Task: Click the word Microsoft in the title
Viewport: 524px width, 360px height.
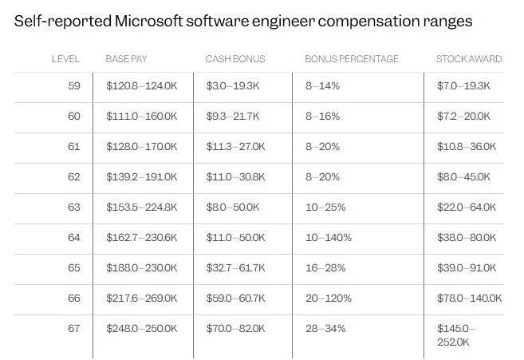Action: click(x=152, y=22)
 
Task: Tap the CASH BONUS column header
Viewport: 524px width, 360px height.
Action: click(x=234, y=59)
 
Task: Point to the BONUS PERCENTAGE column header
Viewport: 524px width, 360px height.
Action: click(x=351, y=59)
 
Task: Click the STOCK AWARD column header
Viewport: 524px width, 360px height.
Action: click(x=469, y=59)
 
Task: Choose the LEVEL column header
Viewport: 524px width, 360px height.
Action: click(x=65, y=59)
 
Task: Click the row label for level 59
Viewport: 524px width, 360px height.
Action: click(x=74, y=85)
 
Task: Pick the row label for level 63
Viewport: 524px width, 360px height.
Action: click(x=74, y=207)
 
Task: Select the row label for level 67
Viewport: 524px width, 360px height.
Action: click(x=74, y=328)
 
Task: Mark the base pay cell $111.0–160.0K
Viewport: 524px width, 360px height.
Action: click(x=142, y=116)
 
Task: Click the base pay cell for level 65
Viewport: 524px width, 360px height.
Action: click(x=142, y=267)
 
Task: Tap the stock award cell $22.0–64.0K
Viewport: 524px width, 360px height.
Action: click(x=467, y=207)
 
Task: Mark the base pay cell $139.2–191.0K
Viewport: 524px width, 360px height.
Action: click(x=142, y=176)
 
